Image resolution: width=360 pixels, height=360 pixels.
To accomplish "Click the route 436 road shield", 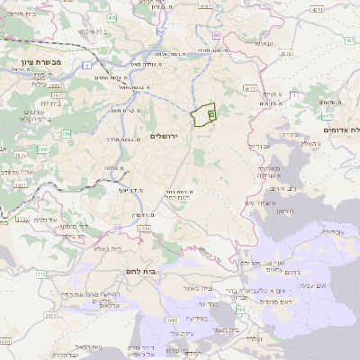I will pos(111,17).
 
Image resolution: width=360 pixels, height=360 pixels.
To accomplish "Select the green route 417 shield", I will pos(327,116).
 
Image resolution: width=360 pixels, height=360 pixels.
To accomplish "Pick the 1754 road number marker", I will pos(144,229).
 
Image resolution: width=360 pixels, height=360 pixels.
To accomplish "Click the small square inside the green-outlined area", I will pos(211,114).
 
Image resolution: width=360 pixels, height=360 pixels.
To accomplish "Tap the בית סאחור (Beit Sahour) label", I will pos(202,288).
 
